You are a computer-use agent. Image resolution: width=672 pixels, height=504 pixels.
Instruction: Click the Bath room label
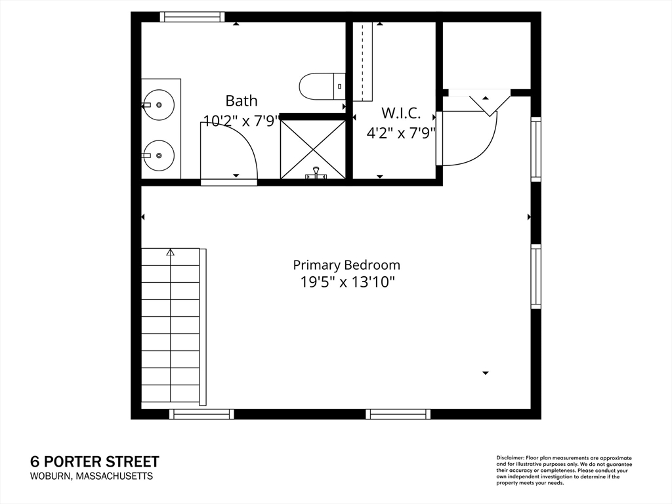pyautogui.click(x=241, y=101)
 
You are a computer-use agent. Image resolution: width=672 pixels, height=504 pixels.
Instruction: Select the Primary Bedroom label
pyautogui.click(x=346, y=265)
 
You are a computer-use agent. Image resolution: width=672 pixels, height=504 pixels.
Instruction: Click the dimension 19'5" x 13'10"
pyautogui.click(x=346, y=282)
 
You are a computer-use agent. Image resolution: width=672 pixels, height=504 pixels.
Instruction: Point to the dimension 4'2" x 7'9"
pyautogui.click(x=401, y=133)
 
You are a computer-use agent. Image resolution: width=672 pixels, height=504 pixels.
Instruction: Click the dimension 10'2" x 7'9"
pyautogui.click(x=241, y=121)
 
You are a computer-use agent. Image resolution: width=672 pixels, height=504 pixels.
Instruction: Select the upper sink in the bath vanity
pyautogui.click(x=158, y=104)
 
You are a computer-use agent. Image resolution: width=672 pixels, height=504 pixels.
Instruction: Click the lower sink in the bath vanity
pyautogui.click(x=158, y=156)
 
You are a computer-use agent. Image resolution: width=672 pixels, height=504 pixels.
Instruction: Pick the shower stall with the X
pyautogui.click(x=312, y=150)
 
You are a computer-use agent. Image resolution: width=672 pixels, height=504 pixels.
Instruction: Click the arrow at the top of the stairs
pyautogui.click(x=171, y=252)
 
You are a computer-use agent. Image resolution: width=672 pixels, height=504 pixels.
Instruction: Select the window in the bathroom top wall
pyautogui.click(x=192, y=17)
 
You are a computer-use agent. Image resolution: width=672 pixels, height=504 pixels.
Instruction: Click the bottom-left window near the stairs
pyautogui.click(x=201, y=414)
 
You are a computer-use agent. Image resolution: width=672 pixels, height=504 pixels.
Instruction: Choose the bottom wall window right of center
pyautogui.click(x=398, y=414)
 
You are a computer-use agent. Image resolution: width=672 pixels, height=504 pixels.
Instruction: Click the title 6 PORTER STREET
pyautogui.click(x=94, y=462)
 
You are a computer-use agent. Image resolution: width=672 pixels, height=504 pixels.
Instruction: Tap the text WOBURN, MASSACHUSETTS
pyautogui.click(x=91, y=476)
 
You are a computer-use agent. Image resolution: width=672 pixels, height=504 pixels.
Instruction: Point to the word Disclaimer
pyautogui.click(x=509, y=457)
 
